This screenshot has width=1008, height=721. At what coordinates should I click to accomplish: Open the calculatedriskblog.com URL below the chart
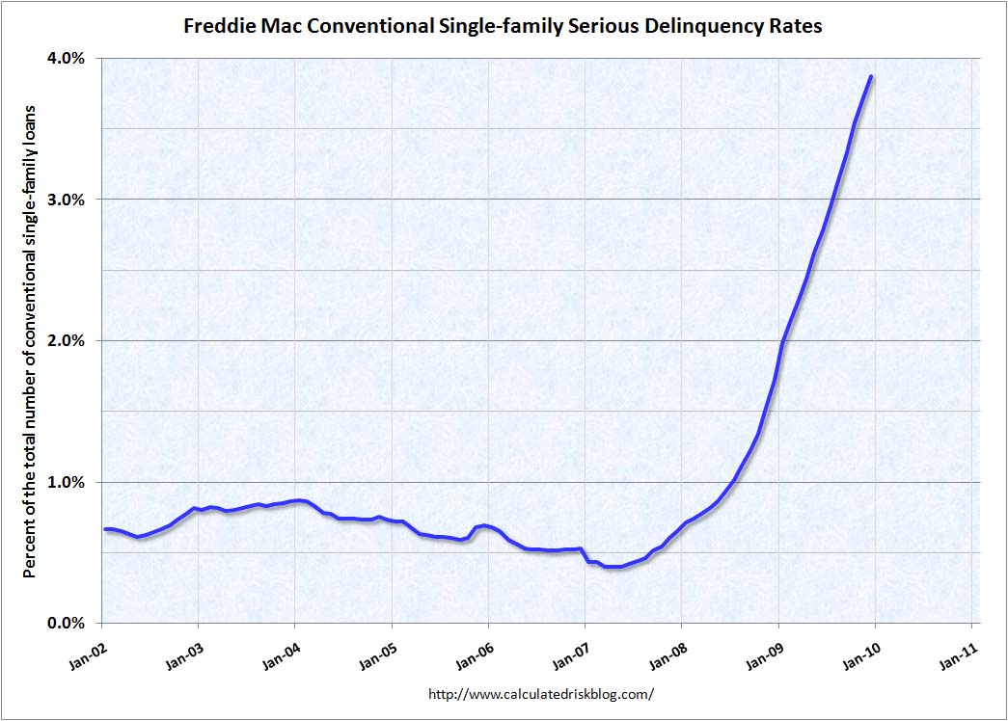[x=540, y=693]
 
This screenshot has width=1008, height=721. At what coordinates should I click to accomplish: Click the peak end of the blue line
[x=871, y=77]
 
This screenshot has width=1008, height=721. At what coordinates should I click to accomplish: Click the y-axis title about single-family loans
[x=29, y=340]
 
